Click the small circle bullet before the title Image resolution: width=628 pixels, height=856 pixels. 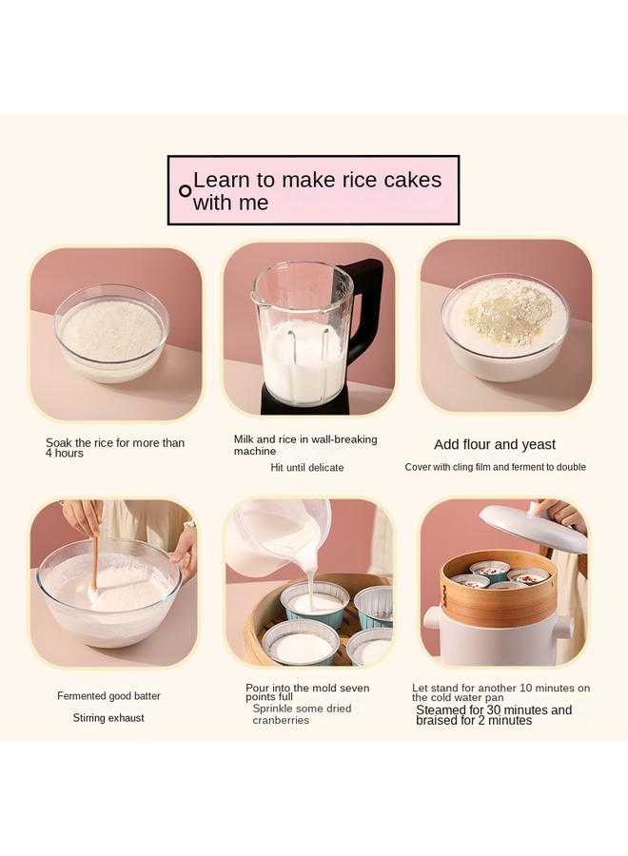pos(185,190)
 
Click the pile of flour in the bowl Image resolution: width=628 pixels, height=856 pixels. pos(508,311)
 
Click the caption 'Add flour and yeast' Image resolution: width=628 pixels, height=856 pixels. pos(495,444)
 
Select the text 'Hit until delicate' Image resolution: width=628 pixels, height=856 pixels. pos(306,468)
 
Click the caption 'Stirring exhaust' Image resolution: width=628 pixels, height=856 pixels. pos(108,718)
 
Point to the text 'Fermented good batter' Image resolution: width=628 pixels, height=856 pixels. pos(108,696)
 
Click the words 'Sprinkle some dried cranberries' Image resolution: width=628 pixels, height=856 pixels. pos(302,714)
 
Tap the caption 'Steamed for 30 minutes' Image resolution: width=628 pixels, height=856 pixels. pos(494,710)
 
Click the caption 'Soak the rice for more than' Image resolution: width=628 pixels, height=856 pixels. pos(115,443)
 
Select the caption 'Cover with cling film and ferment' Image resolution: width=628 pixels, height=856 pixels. pos(495,467)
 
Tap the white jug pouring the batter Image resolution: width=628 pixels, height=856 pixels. pos(271,537)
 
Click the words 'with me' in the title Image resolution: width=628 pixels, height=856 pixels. pos(230,203)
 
